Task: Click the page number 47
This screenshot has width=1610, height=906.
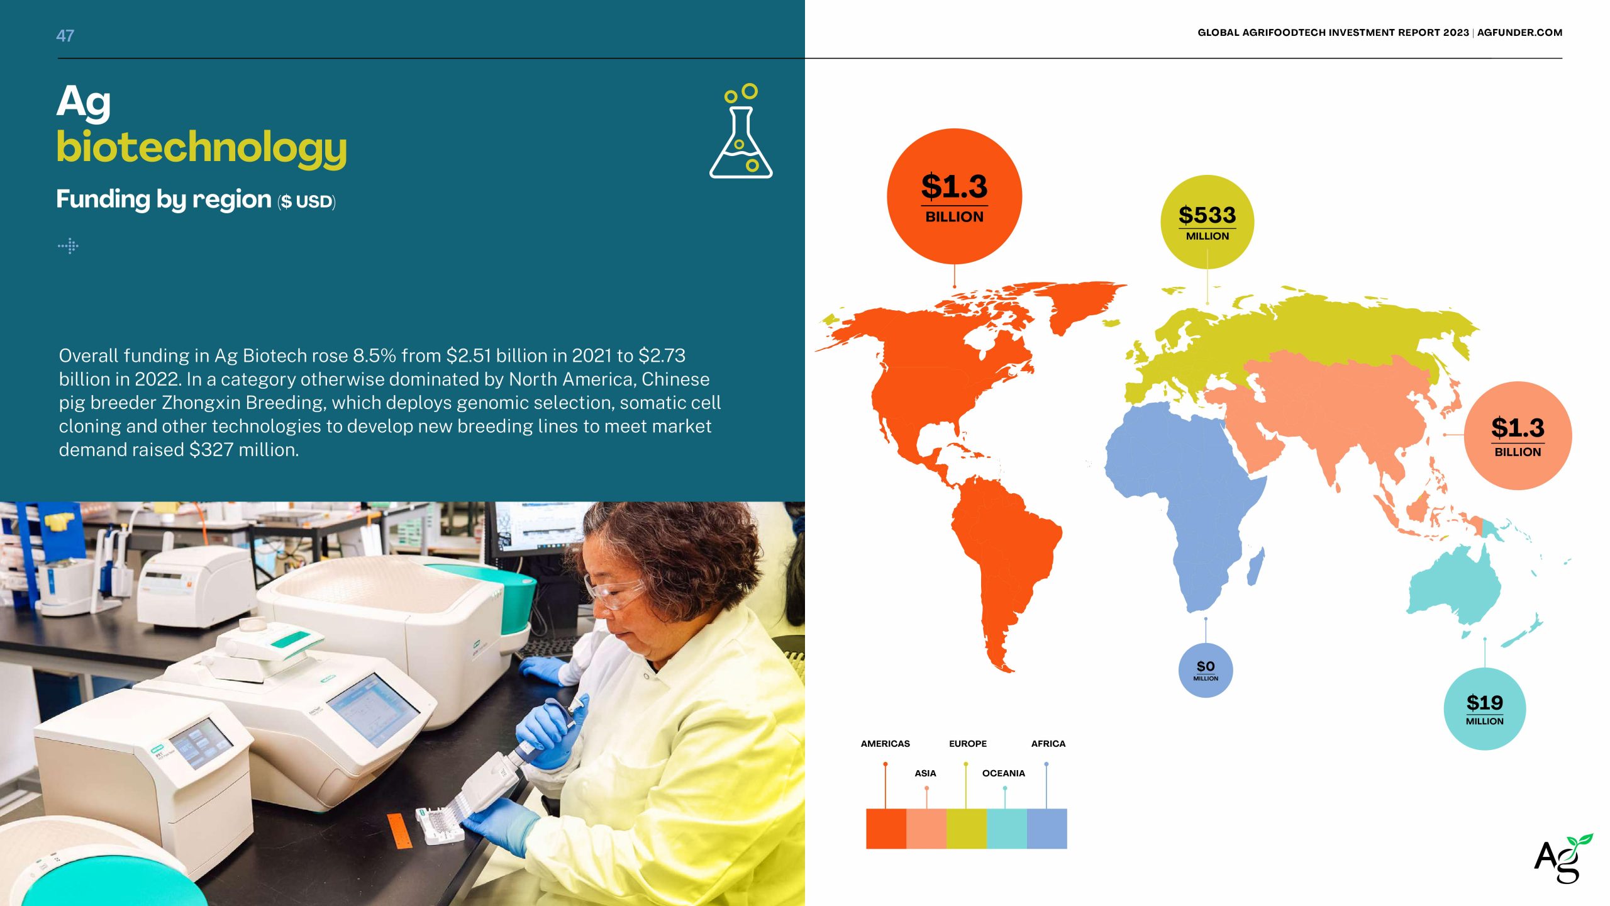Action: (65, 36)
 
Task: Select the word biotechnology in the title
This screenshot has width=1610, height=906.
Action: (201, 148)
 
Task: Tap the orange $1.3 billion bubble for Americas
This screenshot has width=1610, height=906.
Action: (954, 196)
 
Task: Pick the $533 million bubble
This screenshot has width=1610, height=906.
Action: (1207, 222)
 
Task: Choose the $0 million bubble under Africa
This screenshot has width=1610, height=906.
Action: (1206, 670)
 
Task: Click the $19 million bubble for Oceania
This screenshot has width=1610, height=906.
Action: (1484, 709)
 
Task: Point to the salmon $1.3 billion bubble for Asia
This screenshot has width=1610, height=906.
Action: (1518, 435)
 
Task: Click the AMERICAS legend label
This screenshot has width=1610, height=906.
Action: (885, 744)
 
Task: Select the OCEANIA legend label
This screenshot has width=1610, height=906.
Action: (1003, 773)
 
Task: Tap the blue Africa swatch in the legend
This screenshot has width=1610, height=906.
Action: (1047, 829)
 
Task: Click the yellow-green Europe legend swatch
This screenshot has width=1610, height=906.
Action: (967, 829)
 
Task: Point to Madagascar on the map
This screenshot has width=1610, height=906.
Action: (1256, 566)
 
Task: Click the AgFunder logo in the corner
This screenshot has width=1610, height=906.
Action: (1563, 858)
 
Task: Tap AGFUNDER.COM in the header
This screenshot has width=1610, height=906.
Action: (1519, 33)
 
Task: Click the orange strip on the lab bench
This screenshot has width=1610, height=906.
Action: (399, 830)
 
